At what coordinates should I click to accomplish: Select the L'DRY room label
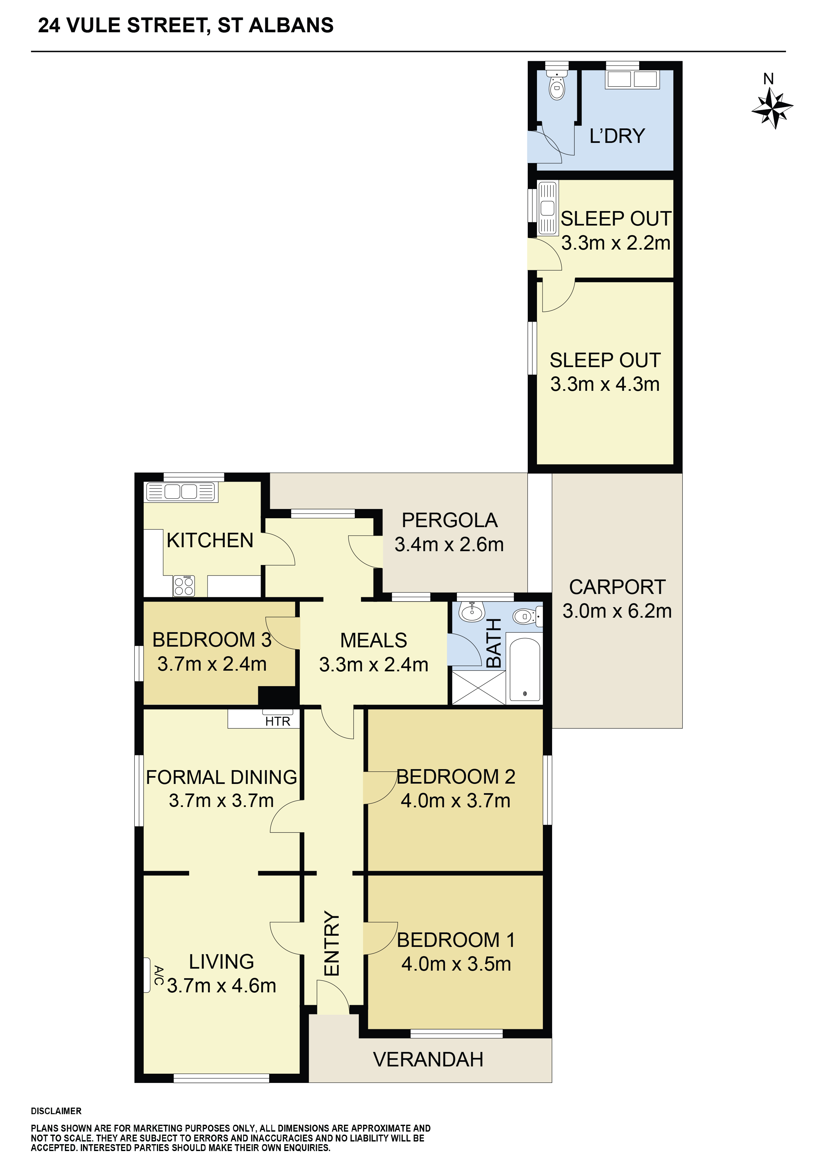coord(617,136)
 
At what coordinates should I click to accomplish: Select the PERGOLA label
coord(450,520)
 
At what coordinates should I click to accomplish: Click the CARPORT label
coord(617,587)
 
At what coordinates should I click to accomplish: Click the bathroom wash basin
coord(472,611)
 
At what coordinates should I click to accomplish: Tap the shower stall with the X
coord(479,687)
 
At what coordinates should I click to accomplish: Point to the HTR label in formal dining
coord(278,721)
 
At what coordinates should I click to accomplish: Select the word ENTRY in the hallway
coord(332,944)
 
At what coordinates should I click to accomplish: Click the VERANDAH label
coord(428,1060)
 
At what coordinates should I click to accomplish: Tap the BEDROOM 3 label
coord(212,640)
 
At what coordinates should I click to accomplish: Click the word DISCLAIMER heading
coord(56,1111)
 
